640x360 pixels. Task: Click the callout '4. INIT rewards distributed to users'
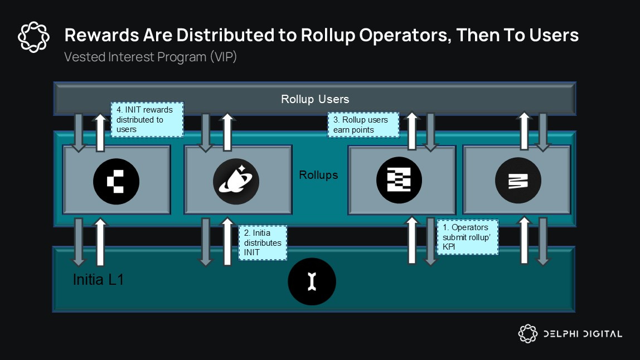(147, 119)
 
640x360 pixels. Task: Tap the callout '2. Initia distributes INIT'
(262, 242)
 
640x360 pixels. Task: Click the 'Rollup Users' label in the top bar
(315, 99)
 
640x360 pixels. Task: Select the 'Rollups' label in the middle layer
(318, 174)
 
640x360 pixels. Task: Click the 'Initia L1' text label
(98, 279)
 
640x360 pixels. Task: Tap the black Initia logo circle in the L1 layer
(312, 282)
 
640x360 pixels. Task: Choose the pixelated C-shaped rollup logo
(116, 181)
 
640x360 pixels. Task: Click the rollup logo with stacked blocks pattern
(399, 181)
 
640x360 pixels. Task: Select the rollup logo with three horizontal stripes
(518, 181)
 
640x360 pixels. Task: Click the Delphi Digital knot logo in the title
(35, 37)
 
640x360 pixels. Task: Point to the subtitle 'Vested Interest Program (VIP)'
(151, 57)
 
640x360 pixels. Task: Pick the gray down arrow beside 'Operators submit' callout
(430, 241)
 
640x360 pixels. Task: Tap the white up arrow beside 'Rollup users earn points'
(411, 132)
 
